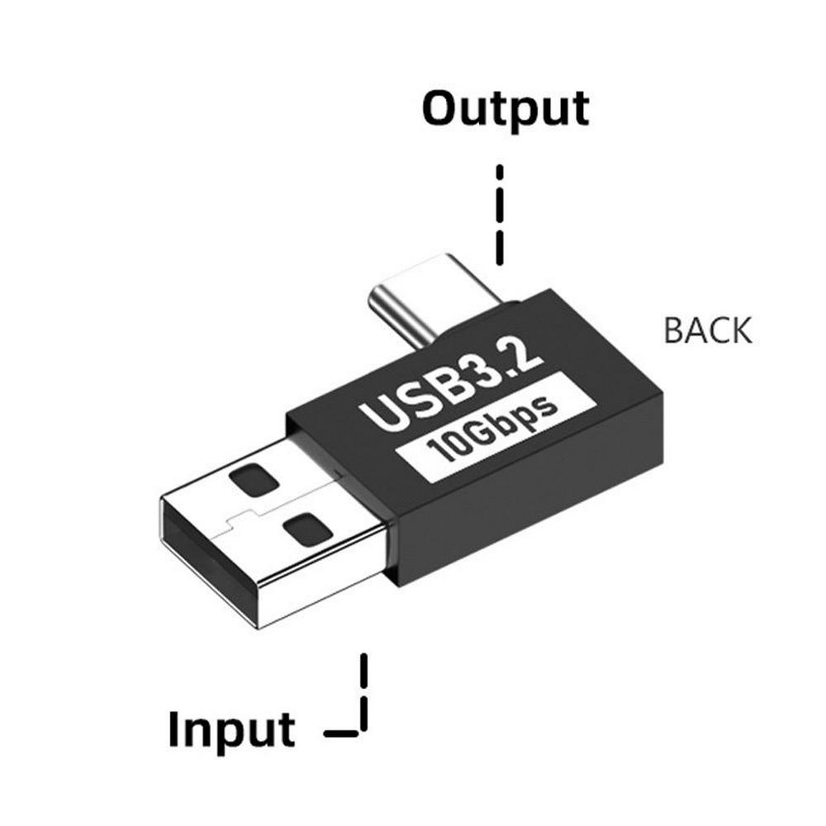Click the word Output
(x=506, y=107)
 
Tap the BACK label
(x=708, y=330)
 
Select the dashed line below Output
(x=499, y=215)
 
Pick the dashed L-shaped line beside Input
(x=361, y=702)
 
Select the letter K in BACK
(x=741, y=330)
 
